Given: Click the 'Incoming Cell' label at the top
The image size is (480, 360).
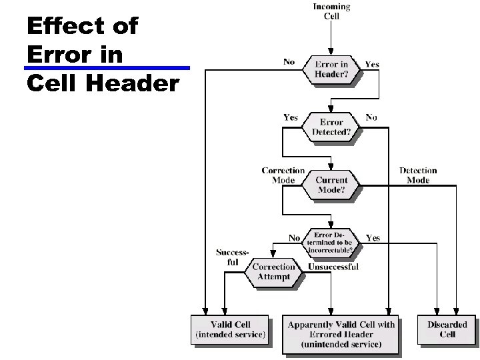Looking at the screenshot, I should tap(331, 11).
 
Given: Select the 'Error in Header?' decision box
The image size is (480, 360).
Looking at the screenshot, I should tap(331, 69).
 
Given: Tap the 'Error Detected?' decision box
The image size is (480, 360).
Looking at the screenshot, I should tap(331, 127).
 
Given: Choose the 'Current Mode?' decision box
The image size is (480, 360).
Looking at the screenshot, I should tap(331, 185).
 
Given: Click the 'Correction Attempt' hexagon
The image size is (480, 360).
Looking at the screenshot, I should tap(273, 272).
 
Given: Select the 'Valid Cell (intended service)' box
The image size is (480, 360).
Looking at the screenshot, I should tap(231, 329).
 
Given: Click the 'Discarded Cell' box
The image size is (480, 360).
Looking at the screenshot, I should tap(447, 329).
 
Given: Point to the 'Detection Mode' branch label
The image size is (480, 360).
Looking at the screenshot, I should tap(418, 175).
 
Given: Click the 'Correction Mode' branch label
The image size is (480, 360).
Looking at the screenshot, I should tap(283, 175).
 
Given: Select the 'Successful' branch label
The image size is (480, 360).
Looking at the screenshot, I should tap(232, 257).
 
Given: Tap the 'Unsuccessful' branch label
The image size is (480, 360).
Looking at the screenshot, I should tap(333, 267).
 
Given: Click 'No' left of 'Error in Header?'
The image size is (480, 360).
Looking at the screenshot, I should tap(289, 62).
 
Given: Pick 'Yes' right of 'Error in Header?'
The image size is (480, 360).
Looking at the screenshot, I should tap(372, 65).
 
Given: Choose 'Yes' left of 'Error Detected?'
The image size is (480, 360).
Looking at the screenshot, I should tap(291, 117).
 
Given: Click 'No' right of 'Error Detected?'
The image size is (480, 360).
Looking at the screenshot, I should tap(371, 117).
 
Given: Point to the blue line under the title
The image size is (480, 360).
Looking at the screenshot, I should tap(107, 67).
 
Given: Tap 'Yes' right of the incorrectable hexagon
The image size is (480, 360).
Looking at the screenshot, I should tap(373, 238).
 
